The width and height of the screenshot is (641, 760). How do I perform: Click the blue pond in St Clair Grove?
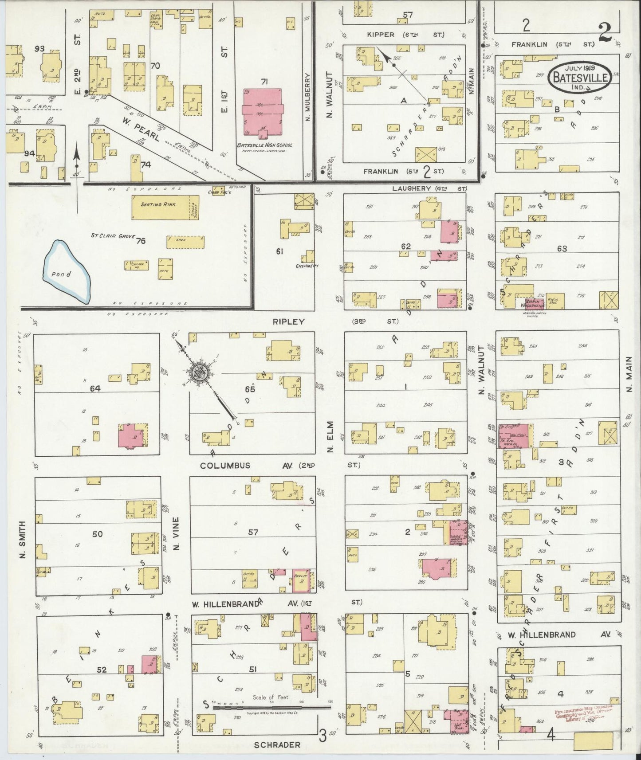pos(67,271)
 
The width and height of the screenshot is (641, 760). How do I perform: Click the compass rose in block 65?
pos(199,373)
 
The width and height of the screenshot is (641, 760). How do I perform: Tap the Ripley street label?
pos(288,321)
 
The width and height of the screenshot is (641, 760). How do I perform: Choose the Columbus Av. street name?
pos(225,466)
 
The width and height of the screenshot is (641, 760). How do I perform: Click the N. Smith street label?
pos(23,540)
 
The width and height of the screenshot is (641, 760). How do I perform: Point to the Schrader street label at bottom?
pos(278,745)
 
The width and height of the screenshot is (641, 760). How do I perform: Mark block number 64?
pos(95,388)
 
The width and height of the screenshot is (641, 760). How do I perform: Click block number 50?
pos(97,534)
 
